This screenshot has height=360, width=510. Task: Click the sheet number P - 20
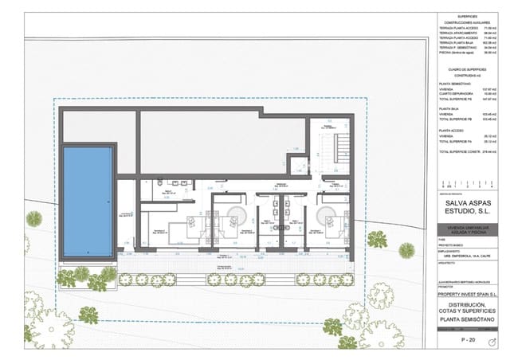pyautogui.click(x=469, y=339)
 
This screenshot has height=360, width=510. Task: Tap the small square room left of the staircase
pyautogui.click(x=298, y=166)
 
